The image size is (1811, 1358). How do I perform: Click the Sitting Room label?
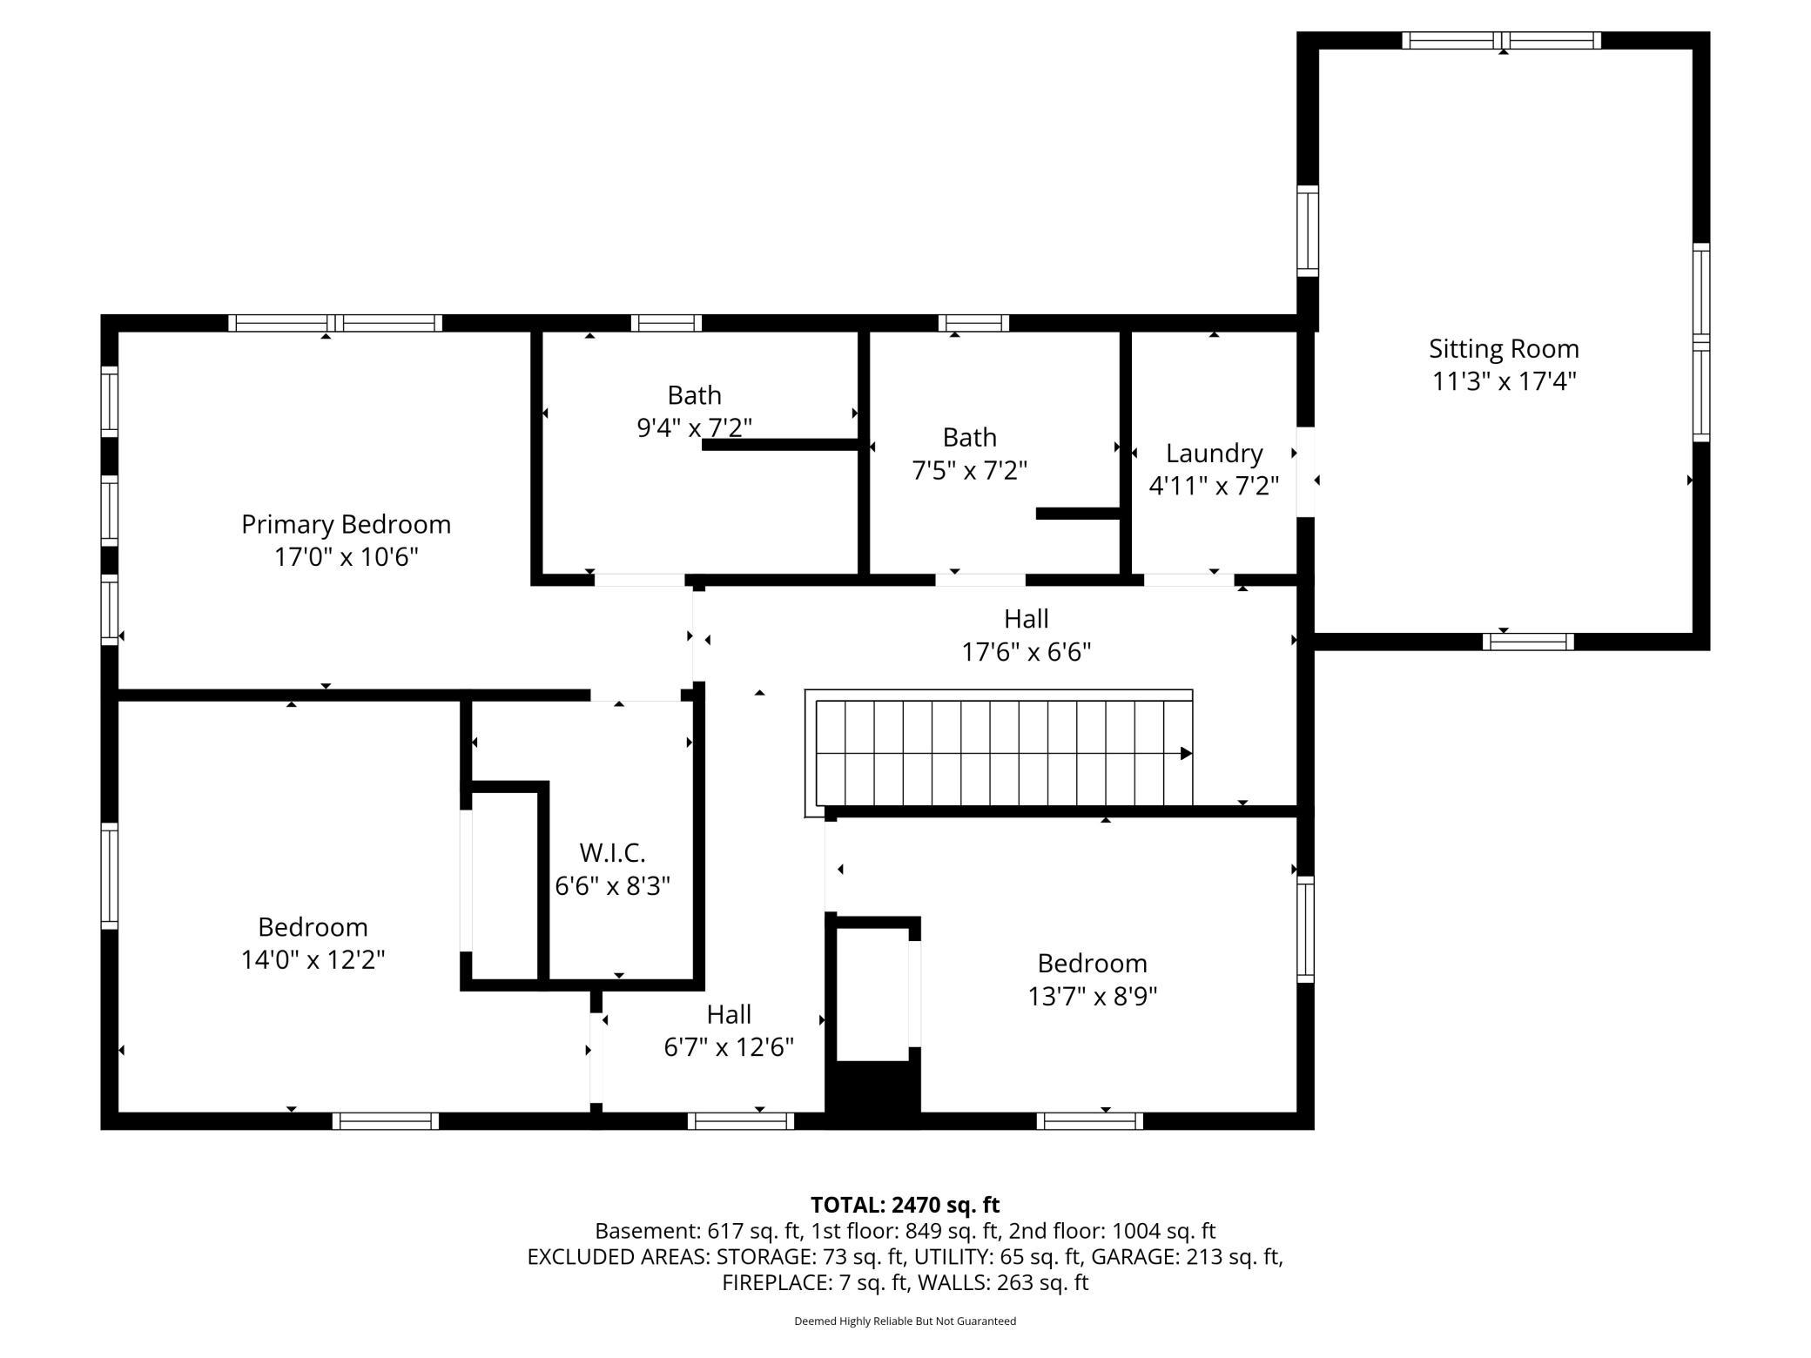click(1504, 349)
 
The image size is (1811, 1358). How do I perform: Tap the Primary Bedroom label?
click(346, 524)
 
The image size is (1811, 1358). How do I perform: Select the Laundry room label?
click(1214, 454)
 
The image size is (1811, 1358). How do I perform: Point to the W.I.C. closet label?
click(612, 852)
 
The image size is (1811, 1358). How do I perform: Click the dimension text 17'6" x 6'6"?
click(1026, 652)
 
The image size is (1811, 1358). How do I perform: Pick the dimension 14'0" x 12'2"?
click(313, 959)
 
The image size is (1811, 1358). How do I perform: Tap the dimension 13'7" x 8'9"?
click(1092, 996)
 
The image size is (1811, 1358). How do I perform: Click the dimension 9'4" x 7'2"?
click(694, 428)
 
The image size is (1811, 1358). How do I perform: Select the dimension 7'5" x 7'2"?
click(969, 470)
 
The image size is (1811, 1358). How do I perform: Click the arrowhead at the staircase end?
click(1186, 754)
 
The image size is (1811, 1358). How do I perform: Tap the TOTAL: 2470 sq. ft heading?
click(905, 1205)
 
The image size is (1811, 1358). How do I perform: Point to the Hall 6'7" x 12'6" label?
click(729, 1031)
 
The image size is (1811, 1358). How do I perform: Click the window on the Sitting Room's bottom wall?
click(1528, 642)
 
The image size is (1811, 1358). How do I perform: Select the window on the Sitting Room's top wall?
click(1502, 40)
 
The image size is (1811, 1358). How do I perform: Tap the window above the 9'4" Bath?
click(666, 323)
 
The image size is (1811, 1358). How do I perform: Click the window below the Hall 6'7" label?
click(741, 1121)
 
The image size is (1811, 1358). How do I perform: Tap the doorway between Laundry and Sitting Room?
click(1305, 472)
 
